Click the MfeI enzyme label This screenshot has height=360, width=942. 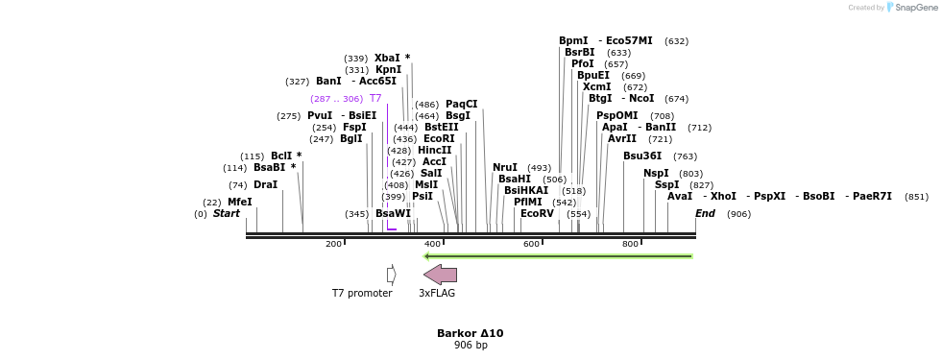(239, 203)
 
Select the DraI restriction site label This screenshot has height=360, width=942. (265, 185)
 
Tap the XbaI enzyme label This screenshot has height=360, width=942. (387, 59)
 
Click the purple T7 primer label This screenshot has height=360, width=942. (375, 99)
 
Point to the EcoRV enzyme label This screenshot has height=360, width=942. (537, 214)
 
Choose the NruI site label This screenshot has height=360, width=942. (504, 168)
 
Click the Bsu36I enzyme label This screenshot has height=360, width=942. (641, 156)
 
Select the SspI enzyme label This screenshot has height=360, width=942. (666, 185)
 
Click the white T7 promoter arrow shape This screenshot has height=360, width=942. (391, 275)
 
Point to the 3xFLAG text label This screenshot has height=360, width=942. (437, 294)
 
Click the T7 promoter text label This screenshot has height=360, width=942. (362, 294)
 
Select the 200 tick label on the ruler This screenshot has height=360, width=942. (333, 244)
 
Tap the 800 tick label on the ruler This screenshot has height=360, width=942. (630, 244)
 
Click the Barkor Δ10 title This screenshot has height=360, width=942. (470, 333)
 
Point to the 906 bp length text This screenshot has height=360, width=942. (471, 346)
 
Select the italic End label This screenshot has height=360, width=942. (705, 214)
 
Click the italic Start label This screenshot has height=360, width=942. (227, 214)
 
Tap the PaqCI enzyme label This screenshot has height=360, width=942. (461, 105)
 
